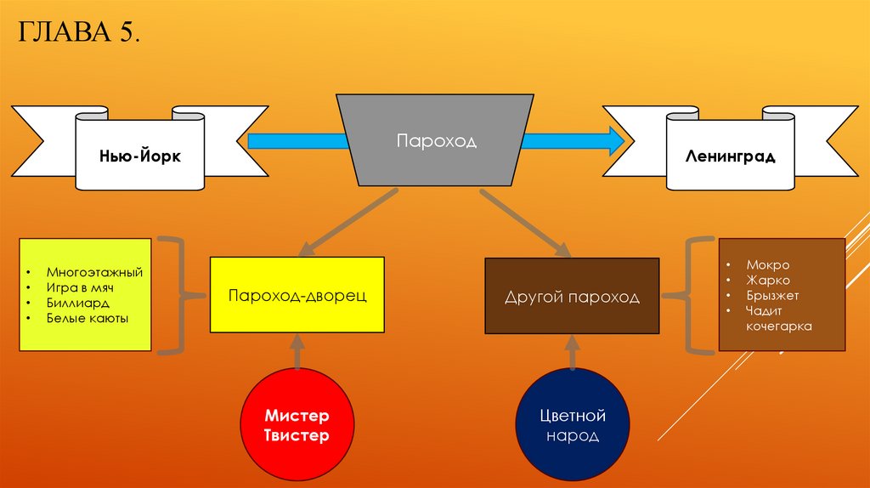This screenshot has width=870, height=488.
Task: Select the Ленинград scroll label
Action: tap(730, 157)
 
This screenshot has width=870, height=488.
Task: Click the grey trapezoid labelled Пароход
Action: tap(436, 140)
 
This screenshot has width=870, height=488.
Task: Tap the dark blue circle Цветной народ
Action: tap(572, 425)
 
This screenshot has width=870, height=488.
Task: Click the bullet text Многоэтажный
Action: tap(94, 273)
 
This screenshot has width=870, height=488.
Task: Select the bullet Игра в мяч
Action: tap(81, 288)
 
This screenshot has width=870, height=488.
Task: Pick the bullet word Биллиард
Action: tap(78, 304)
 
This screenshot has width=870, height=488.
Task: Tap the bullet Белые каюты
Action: tap(88, 319)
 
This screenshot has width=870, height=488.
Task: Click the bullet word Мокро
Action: tap(768, 265)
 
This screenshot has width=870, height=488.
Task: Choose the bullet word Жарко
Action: tap(768, 281)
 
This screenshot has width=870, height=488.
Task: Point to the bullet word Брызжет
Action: tap(772, 296)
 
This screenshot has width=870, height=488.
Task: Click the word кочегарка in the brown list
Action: tap(779, 326)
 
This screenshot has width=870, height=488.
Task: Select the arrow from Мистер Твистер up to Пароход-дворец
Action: tap(296, 350)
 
